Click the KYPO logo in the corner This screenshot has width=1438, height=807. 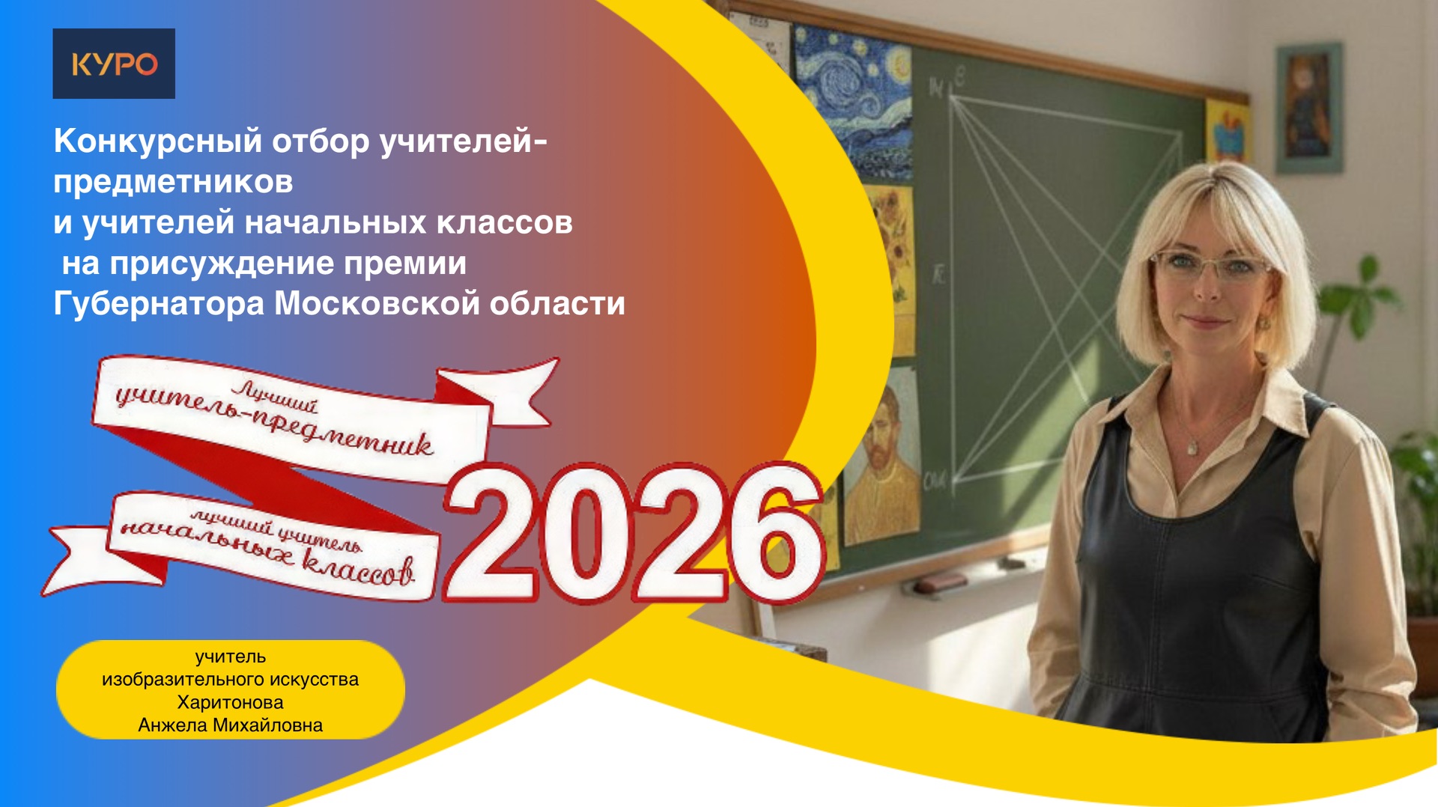click(114, 64)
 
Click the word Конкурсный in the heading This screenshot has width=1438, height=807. click(158, 141)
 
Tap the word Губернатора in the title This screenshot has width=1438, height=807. click(158, 304)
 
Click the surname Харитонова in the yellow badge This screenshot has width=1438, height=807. click(230, 702)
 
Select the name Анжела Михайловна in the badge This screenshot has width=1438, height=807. click(230, 725)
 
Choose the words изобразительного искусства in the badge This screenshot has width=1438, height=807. click(230, 679)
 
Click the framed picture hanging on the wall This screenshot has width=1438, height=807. click(1309, 107)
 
